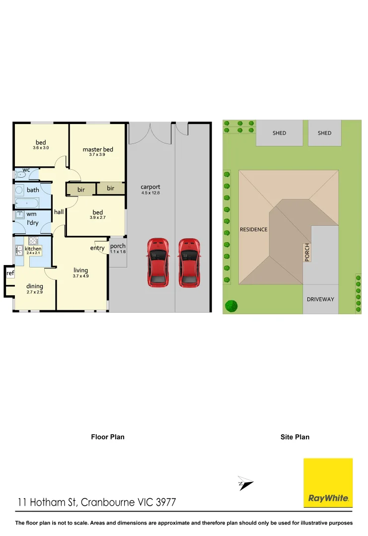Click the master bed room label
point(97,149)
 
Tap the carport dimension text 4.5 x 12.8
point(150,193)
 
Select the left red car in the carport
point(158,263)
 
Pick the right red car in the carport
point(189,263)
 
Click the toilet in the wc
point(21,175)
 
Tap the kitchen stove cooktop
point(33,241)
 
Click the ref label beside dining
point(10,273)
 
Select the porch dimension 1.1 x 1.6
point(118,252)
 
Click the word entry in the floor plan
point(97,248)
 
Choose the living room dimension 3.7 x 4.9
point(80,276)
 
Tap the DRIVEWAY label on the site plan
point(320,299)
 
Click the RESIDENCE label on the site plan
point(253,229)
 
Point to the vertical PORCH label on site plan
point(307,253)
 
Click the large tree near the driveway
point(231,306)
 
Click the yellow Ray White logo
point(328,482)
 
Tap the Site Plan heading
point(294,437)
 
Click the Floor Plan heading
point(108,437)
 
